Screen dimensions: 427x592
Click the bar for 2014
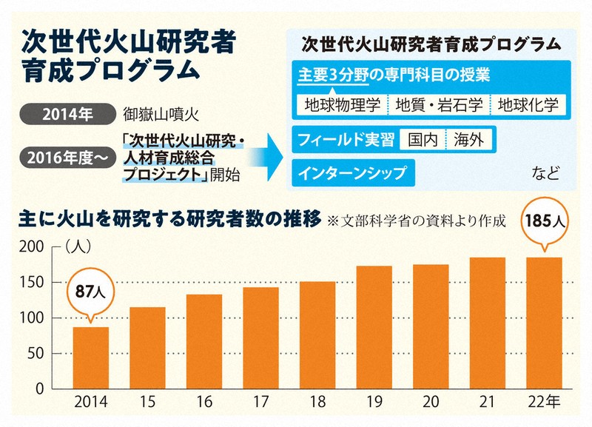(x=90, y=357)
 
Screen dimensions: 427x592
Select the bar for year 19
(x=374, y=327)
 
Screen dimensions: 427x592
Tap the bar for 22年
(x=545, y=323)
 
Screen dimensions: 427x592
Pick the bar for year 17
(x=260, y=337)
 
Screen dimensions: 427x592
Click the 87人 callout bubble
(x=90, y=292)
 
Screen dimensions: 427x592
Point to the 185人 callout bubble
(x=545, y=221)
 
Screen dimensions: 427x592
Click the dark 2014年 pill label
(x=66, y=115)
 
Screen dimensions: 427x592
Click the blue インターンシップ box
(x=351, y=173)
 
